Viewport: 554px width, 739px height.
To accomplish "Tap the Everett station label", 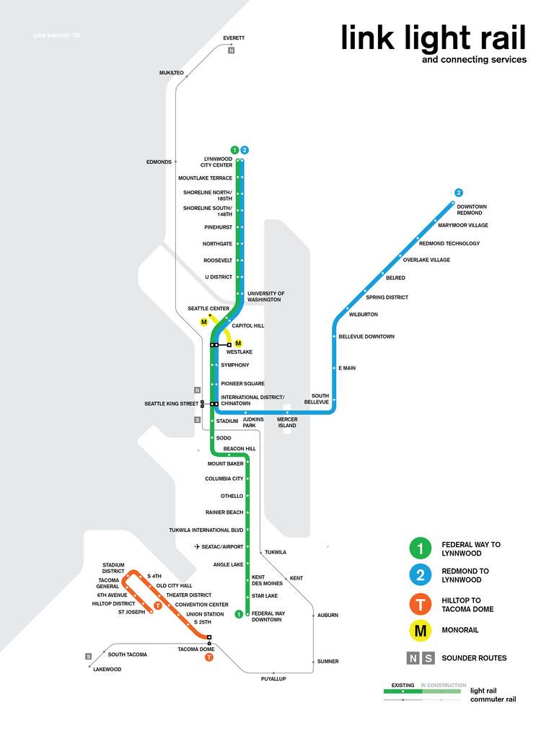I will tap(234, 38).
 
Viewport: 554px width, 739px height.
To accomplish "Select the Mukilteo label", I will tap(172, 73).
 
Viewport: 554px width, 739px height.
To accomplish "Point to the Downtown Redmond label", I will tap(472, 210).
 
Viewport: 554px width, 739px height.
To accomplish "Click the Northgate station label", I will tap(217, 244).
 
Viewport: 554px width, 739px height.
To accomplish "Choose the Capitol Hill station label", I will tap(247, 325).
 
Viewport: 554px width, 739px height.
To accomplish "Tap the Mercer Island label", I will tap(287, 422).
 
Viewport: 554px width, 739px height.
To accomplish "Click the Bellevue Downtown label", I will tap(366, 336).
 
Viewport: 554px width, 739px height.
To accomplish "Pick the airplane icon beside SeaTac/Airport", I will tap(197, 547).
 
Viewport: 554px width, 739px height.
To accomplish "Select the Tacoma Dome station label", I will tap(195, 649).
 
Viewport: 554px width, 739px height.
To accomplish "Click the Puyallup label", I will tap(273, 678).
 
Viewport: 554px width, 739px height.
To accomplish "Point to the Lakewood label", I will tap(107, 669).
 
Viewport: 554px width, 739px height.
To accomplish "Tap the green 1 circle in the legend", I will tap(420, 548).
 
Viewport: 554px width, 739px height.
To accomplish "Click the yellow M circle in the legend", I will tap(420, 631).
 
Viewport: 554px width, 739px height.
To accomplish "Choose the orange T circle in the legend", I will tap(420, 604).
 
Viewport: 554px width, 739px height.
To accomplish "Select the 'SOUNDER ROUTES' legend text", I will tap(474, 658).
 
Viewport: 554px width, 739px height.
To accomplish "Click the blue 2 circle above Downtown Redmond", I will tap(458, 193).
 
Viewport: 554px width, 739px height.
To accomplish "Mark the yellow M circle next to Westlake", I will tap(238, 344).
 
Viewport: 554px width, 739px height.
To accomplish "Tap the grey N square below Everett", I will tap(231, 51).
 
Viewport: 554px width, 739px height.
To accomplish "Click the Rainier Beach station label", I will tap(224, 512).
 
